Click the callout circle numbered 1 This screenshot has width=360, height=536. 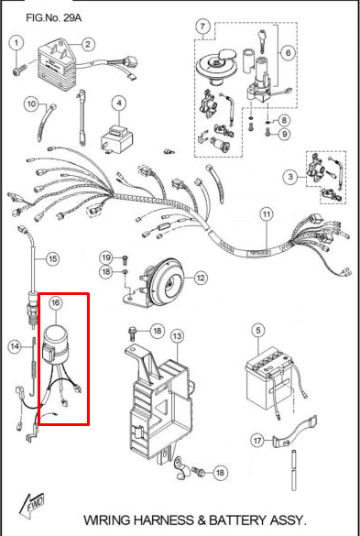pos(16,43)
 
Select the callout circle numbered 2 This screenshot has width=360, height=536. pos(88,44)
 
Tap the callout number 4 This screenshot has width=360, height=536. pos(119,104)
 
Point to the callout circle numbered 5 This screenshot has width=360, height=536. pos(258,331)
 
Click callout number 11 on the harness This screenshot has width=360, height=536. pos(267,214)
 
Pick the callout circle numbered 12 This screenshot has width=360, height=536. pos(201,278)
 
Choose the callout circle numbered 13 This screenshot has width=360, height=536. pos(177,336)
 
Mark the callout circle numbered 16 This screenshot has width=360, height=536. pos(56,302)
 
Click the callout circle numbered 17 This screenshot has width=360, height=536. pos(258,440)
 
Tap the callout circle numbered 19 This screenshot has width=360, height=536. pos(106,257)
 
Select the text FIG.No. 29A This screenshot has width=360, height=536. pos(54,17)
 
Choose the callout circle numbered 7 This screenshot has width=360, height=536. pos(202,26)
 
